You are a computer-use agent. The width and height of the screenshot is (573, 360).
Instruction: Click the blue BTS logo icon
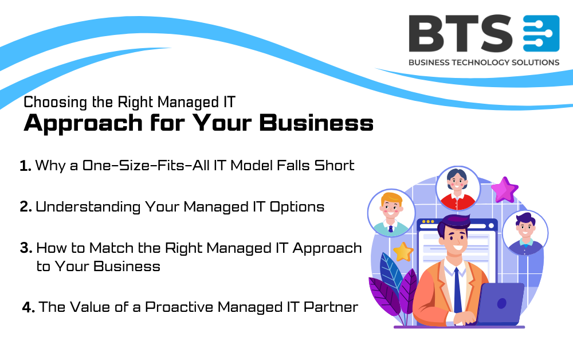pos(541,33)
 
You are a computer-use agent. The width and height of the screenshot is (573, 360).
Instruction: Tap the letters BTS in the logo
pos(461,33)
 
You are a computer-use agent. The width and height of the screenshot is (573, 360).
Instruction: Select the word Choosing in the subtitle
pos(56,103)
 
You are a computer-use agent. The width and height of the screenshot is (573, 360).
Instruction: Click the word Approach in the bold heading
pos(83,123)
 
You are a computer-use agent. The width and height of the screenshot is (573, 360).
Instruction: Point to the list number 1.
pos(25,166)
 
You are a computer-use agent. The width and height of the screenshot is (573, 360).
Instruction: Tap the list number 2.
pos(26,207)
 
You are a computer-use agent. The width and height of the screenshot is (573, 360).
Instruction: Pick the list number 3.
pos(26,248)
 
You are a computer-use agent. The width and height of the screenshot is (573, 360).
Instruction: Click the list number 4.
pos(28,307)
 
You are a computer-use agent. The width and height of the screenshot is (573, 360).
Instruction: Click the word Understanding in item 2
pos(88,207)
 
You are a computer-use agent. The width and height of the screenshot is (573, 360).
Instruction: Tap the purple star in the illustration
pos(505,190)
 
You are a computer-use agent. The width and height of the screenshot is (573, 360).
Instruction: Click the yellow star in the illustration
pos(403,252)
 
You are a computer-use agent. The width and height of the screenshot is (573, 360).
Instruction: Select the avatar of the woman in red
pos(457,189)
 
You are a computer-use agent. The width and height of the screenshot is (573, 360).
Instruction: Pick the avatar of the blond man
pos(391,213)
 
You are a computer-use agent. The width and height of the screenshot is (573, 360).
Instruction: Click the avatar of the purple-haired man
pos(525,233)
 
